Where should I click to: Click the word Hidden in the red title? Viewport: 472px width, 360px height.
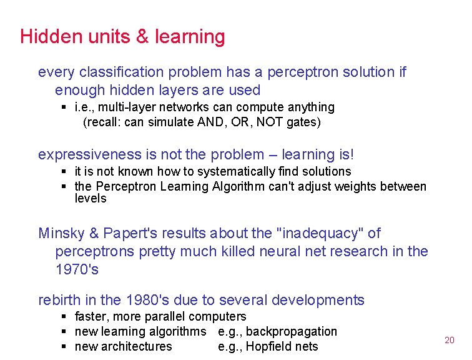[44, 37]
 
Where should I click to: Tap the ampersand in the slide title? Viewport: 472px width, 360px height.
[142, 37]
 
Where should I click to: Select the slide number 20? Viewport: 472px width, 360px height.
[449, 340]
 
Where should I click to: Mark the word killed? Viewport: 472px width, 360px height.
[227, 251]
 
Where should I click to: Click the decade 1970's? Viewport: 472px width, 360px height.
[77, 269]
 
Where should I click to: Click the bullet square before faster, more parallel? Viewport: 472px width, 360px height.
[64, 317]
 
